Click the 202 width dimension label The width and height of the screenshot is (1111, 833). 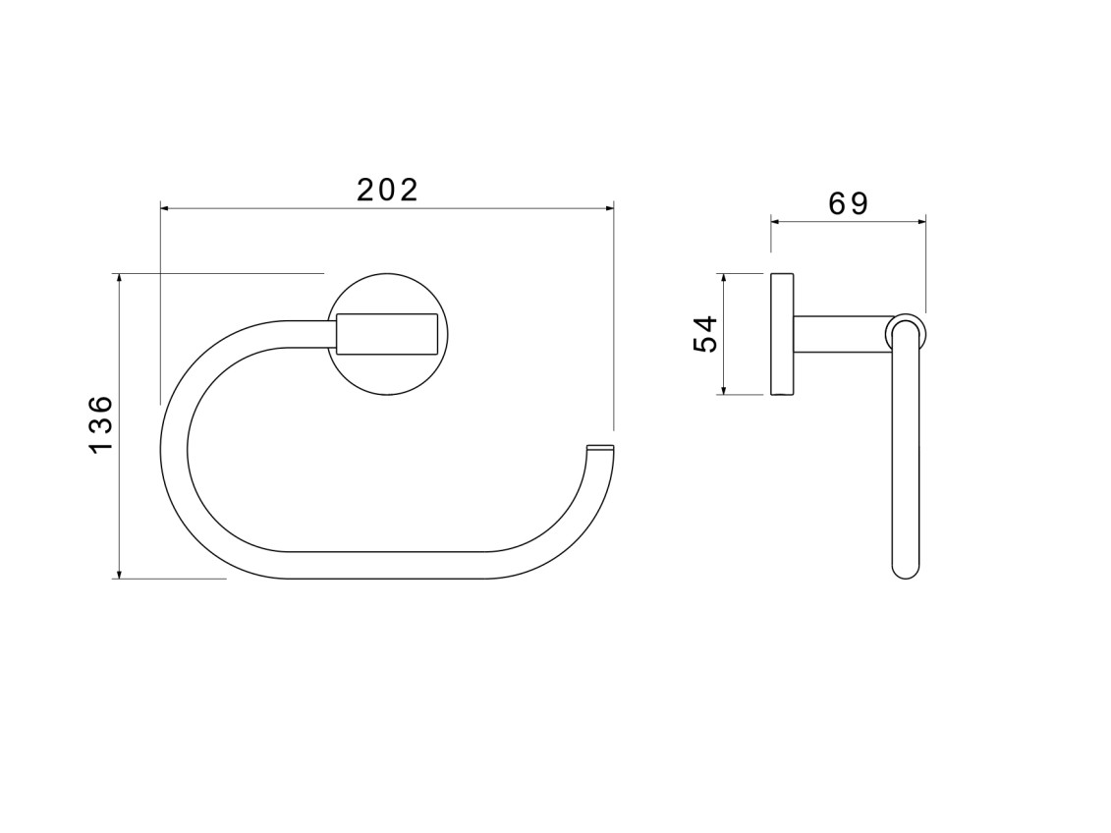[x=388, y=190]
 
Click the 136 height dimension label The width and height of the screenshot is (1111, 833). [x=101, y=424]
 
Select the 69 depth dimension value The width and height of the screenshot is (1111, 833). [x=848, y=204]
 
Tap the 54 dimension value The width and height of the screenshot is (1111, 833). [x=705, y=334]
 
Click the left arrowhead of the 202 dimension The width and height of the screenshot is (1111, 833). [x=165, y=208]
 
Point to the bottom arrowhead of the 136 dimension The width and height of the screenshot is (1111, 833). [x=120, y=574]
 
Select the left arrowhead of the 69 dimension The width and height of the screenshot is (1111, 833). [x=776, y=222]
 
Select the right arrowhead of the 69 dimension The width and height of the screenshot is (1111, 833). [x=920, y=222]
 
